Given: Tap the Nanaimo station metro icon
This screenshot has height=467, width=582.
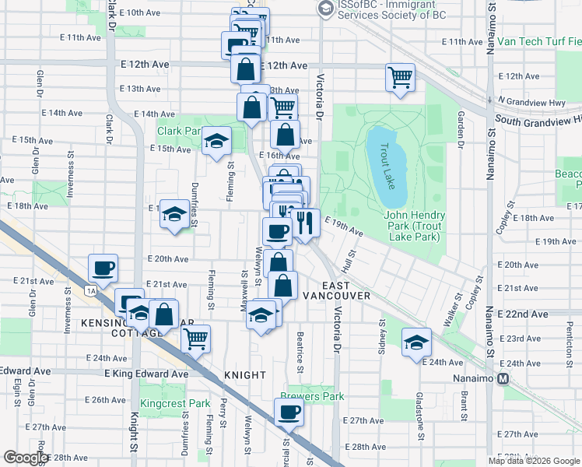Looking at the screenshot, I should coord(503,379).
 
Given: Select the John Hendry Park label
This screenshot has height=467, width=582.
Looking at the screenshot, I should coord(414,221).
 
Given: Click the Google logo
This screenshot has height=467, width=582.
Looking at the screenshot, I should coord(26,458).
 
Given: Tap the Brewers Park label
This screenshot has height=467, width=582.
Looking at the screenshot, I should coord(317,396).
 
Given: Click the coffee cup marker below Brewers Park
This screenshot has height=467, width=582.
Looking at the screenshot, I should coord(289,413).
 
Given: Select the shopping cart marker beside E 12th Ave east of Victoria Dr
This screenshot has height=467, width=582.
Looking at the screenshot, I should coord(400,78).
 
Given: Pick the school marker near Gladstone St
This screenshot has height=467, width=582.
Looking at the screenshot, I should coord(416,342).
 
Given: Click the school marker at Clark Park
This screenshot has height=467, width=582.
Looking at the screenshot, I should coord(217,141).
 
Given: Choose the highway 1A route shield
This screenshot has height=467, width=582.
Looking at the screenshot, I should coord(92,290).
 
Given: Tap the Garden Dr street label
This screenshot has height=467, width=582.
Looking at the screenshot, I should coord(461,131).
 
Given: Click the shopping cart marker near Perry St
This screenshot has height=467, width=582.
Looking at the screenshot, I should coord(195,339).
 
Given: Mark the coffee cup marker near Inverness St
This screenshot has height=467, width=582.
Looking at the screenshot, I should coord(103,269).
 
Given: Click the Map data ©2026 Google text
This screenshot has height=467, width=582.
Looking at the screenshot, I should coord(534,461).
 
